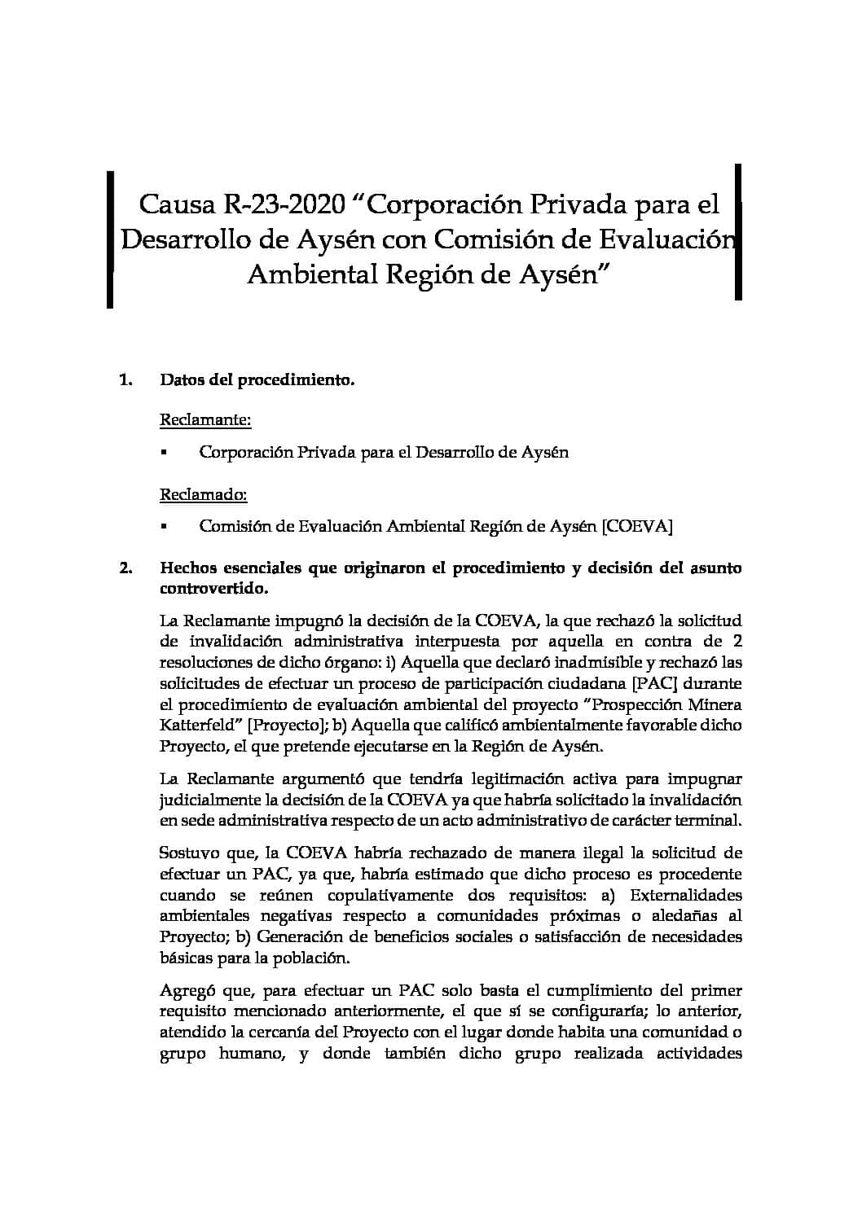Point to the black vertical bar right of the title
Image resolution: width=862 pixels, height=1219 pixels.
pos(738,232)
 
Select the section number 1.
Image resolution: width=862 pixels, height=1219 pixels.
pos(125,379)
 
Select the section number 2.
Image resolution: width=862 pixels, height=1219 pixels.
pos(125,568)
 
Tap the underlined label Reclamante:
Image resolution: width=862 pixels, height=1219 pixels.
pos(205,420)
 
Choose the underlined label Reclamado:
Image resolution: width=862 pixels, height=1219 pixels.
pos(204,494)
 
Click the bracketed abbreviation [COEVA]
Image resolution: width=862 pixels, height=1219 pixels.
pos(636,526)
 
